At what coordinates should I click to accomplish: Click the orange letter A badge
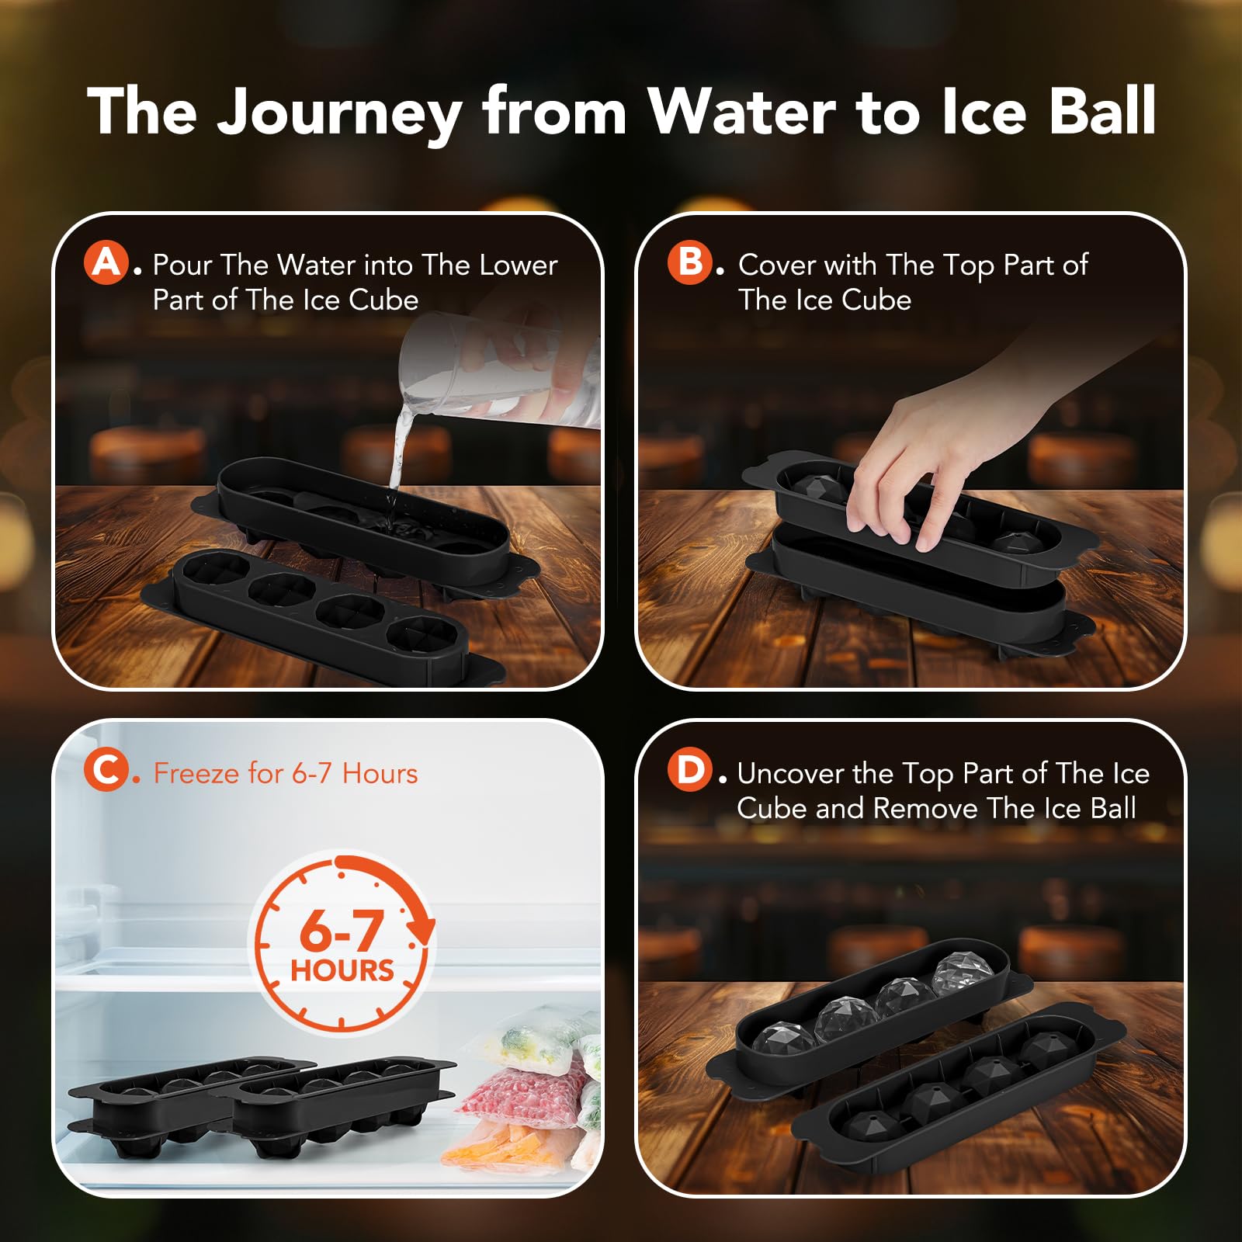[x=106, y=262]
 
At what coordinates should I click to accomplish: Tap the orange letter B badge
[x=690, y=262]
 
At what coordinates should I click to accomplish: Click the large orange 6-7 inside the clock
[x=342, y=930]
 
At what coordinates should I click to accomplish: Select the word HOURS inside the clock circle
[x=342, y=970]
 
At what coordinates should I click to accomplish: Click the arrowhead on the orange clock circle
[x=423, y=928]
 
